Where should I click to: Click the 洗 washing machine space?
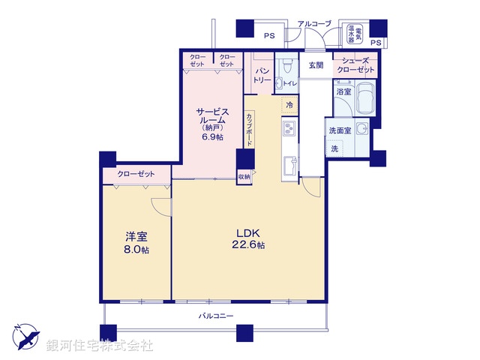pyautogui.click(x=334, y=148)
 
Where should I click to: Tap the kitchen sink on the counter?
pyautogui.click(x=289, y=163)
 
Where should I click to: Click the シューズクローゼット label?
pyautogui.click(x=356, y=65)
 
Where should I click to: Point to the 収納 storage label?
pyautogui.click(x=244, y=177)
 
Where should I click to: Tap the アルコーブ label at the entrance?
pyautogui.click(x=313, y=24)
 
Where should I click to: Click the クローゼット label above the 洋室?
pyautogui.click(x=136, y=174)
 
